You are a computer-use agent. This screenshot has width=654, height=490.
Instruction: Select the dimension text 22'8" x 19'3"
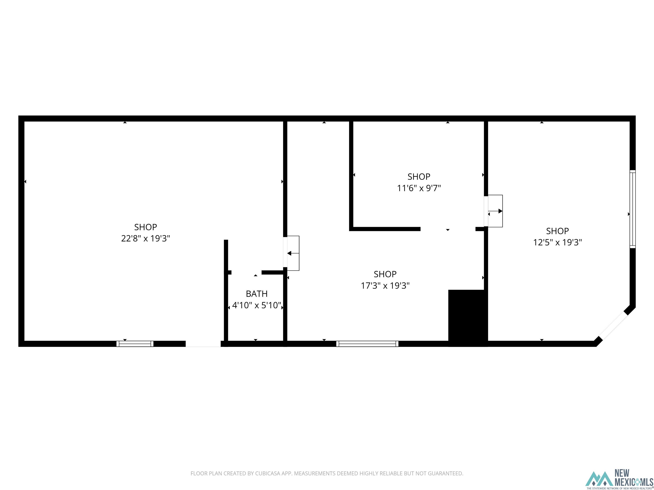tap(145, 238)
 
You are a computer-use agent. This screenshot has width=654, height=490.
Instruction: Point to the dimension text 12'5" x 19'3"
tap(557, 242)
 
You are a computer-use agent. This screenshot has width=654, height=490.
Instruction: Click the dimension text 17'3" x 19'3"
tap(385, 286)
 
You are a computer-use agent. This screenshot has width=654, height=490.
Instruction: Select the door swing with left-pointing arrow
tap(293, 253)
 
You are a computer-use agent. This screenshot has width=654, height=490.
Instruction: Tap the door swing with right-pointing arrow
tap(495, 211)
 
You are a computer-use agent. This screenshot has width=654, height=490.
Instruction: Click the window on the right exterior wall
tap(632, 209)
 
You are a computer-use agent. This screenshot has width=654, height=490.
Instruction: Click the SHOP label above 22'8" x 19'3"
tap(145, 227)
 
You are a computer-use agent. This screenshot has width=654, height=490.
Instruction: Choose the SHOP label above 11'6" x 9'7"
tap(419, 176)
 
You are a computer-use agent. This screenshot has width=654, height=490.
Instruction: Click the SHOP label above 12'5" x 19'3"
tap(557, 231)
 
